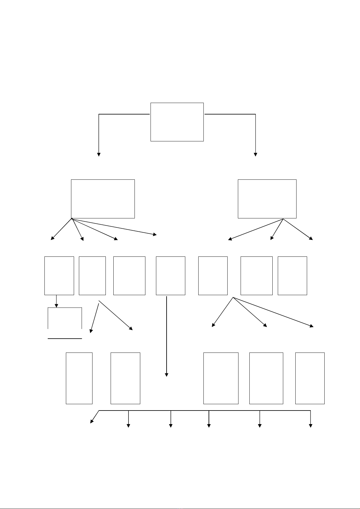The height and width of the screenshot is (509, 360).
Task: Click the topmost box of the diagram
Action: click(x=177, y=122)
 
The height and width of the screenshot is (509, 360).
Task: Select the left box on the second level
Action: click(x=103, y=199)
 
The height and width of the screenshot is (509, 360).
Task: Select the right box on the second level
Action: click(x=267, y=199)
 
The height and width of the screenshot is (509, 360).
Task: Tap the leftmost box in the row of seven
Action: click(x=59, y=275)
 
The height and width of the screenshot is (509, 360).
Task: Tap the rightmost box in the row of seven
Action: click(x=292, y=275)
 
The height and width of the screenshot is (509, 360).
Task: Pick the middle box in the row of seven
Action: click(x=170, y=275)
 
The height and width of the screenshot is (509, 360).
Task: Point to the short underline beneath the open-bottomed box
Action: click(x=65, y=339)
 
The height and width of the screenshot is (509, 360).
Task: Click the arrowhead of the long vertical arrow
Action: click(x=166, y=375)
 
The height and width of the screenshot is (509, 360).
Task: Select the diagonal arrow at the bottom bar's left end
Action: click(x=95, y=417)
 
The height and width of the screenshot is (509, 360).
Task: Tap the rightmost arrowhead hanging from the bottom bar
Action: click(x=310, y=425)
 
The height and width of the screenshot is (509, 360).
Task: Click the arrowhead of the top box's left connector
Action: click(x=99, y=154)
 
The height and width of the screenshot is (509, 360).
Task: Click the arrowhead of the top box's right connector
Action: click(x=255, y=154)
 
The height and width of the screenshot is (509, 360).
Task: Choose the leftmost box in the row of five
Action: click(x=79, y=378)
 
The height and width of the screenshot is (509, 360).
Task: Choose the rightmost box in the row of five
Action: click(x=310, y=378)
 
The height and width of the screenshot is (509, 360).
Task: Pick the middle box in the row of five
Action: click(x=221, y=378)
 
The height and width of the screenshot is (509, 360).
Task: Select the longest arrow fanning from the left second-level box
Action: click(x=115, y=226)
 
